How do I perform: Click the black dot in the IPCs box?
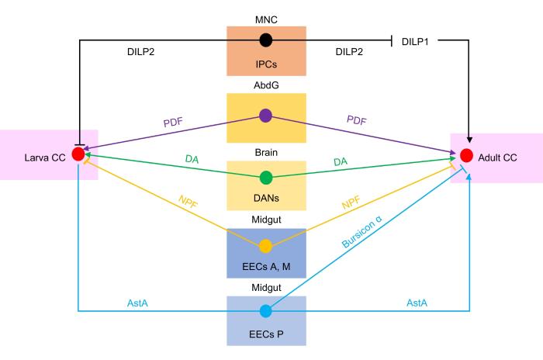coord(265,40)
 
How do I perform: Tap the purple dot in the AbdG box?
coord(265,116)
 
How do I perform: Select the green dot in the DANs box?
coord(265,178)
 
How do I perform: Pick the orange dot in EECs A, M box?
coord(265,246)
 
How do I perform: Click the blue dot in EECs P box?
coord(265,311)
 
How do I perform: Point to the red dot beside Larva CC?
coord(78,154)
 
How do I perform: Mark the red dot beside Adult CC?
coord(466,154)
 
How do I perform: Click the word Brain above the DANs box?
coord(265,152)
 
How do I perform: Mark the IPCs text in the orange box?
coord(265,61)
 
